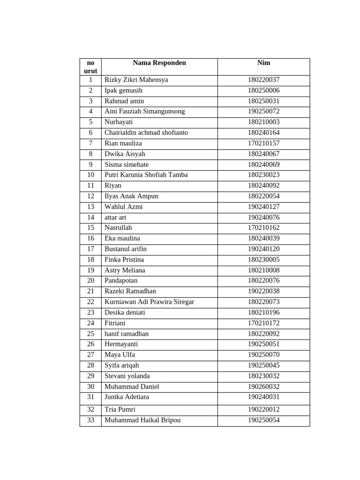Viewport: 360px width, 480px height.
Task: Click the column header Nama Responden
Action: coord(159,63)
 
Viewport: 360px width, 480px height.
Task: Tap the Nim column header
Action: coord(263,63)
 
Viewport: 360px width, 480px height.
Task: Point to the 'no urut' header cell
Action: coord(90,67)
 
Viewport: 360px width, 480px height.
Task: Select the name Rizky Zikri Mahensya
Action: coord(136,80)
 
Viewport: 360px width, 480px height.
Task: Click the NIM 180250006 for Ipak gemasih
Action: coord(263,90)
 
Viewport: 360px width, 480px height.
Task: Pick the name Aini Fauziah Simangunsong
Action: coord(144,112)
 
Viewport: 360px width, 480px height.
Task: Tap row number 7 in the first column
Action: coord(90,143)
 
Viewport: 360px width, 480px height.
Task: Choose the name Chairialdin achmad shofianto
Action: coord(146,133)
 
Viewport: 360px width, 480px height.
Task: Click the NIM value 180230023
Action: coord(263,175)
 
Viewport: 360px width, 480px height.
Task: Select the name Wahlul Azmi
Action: coord(123,207)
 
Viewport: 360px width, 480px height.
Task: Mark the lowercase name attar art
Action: coord(115,217)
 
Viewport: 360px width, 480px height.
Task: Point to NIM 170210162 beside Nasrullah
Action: coord(263,228)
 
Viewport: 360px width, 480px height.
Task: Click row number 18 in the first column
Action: coord(90,260)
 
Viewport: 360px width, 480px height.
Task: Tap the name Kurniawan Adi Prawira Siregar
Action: coord(149,302)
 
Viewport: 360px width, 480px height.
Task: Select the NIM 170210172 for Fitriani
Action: coord(263,323)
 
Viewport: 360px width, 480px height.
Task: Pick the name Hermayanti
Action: coord(121,344)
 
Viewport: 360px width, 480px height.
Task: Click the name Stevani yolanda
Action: coord(127,376)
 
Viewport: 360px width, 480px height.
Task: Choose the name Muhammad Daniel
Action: coord(132,387)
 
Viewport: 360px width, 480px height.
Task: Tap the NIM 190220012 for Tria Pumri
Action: coord(263,409)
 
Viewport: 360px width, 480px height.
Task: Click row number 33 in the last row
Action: coord(90,420)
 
